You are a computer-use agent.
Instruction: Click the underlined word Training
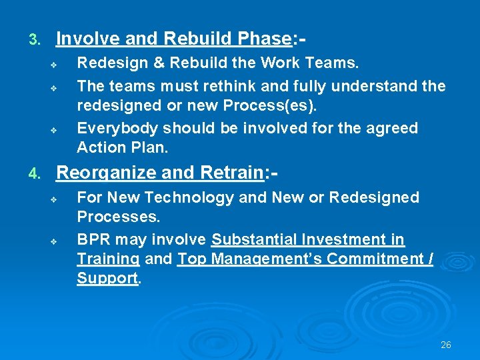point(108,259)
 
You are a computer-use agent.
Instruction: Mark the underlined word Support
point(107,279)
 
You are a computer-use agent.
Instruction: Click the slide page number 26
point(446,345)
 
